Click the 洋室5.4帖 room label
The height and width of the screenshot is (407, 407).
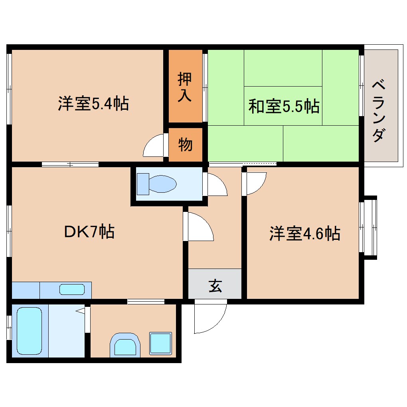click(x=93, y=104)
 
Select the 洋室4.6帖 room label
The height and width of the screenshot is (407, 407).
click(x=304, y=233)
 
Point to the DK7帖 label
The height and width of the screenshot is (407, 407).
click(x=89, y=231)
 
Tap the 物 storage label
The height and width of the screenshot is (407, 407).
click(x=185, y=144)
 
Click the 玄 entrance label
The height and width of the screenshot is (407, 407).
click(x=215, y=286)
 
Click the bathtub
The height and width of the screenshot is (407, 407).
click(x=30, y=331)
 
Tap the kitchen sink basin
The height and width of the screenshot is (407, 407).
click(x=72, y=289)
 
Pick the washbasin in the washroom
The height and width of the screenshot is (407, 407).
click(x=125, y=345)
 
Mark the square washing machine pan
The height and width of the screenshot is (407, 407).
click(x=160, y=343)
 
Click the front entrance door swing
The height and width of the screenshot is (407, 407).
click(x=208, y=317)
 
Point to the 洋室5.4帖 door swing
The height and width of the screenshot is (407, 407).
click(x=155, y=146)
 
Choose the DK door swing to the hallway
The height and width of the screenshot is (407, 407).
click(x=200, y=227)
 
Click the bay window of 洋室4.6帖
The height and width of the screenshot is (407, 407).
click(x=369, y=227)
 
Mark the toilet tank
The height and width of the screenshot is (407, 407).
click(x=142, y=184)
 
